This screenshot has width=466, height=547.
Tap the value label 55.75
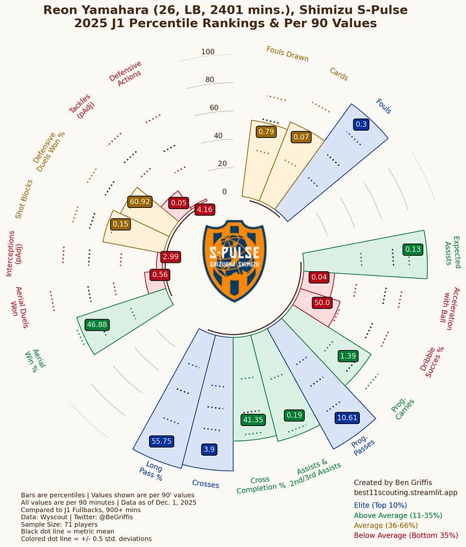pos(161,441)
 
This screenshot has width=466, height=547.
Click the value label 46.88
pos(96,324)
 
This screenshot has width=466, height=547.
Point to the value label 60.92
pos(140,202)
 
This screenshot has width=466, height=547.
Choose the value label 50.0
pos(322,302)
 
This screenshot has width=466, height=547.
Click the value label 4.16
pos(205,209)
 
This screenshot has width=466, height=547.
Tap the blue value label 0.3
pos(361,124)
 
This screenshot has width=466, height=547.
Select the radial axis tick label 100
pos(208,52)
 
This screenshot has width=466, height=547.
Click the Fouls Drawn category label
pos(287,54)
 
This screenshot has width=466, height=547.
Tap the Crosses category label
pos(205,484)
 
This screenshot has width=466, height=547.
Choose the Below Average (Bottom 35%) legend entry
pos(406,535)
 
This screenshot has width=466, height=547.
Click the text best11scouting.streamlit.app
pos(405,493)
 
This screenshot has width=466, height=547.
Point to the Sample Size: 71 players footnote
pos(61,524)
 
